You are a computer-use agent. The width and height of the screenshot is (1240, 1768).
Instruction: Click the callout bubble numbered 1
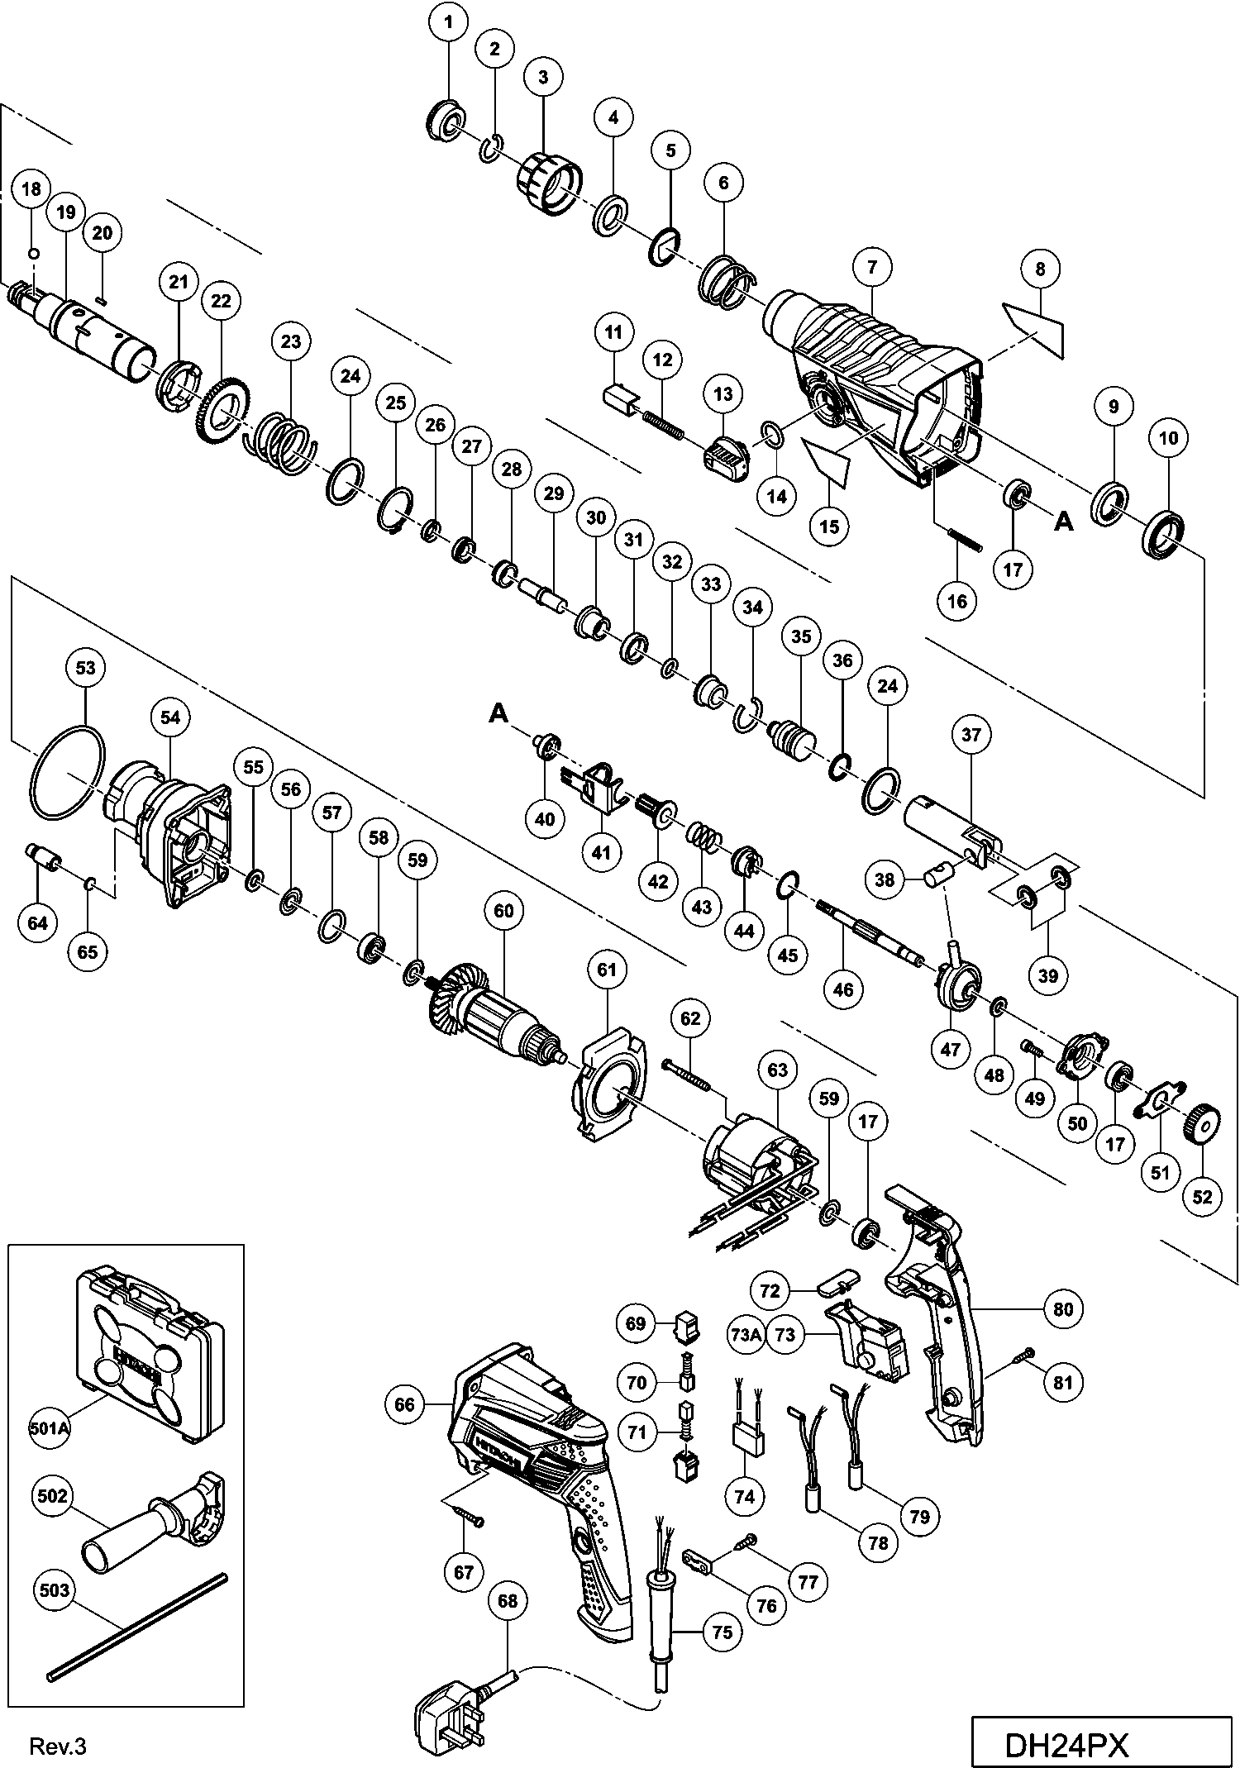pos(449,22)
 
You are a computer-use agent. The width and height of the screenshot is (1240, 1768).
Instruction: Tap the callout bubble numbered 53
pos(86,668)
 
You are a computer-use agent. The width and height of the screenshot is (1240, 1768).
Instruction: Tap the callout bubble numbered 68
pos(508,1601)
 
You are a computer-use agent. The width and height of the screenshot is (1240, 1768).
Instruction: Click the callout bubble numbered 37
pos(971,734)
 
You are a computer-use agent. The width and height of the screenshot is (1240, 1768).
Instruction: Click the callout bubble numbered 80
pos(1063,1309)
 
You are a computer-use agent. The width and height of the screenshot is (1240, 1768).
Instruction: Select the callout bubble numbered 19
pos(66,212)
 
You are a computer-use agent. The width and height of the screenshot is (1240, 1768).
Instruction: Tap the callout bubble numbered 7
pos(872,266)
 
